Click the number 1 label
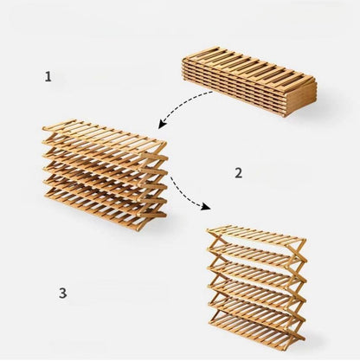click(48, 77)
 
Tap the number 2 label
click(238, 172)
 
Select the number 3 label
click(62, 293)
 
